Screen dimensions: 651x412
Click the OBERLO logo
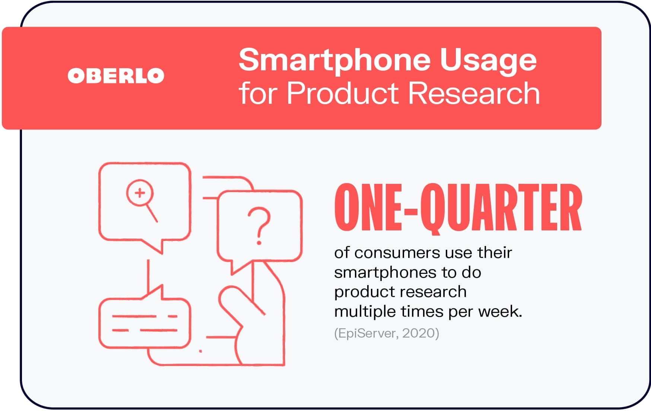pos(116,76)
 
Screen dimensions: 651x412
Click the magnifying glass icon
pos(141,199)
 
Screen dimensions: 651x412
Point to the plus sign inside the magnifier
pos(140,193)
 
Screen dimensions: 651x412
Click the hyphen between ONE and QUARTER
pos(411,212)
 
